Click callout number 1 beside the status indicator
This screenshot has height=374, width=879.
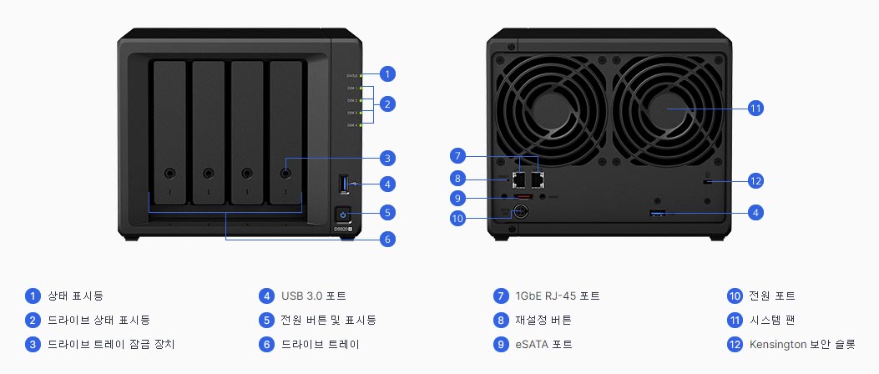pyautogui.click(x=386, y=73)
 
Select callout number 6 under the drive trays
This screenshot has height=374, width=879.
pyautogui.click(x=386, y=240)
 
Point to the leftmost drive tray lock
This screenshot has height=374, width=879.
pyautogui.click(x=169, y=174)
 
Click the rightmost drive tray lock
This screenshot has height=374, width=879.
pyautogui.click(x=285, y=174)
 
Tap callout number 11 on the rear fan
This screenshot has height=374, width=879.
pyautogui.click(x=755, y=109)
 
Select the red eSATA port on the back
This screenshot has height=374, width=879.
pyautogui.click(x=523, y=198)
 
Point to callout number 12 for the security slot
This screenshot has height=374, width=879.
pyautogui.click(x=755, y=180)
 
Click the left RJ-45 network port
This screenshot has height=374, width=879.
pyautogui.click(x=518, y=178)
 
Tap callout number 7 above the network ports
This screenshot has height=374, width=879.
pyautogui.click(x=455, y=155)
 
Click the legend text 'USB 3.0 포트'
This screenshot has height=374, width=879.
pyautogui.click(x=313, y=296)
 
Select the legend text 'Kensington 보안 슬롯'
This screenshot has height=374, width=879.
pyautogui.click(x=801, y=344)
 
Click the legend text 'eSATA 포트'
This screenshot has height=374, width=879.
pyautogui.click(x=543, y=344)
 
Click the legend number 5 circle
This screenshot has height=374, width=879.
pyautogui.click(x=266, y=320)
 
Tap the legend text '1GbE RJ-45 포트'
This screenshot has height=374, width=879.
pyautogui.click(x=557, y=296)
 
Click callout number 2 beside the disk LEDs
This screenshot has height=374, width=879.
pyautogui.click(x=386, y=104)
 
